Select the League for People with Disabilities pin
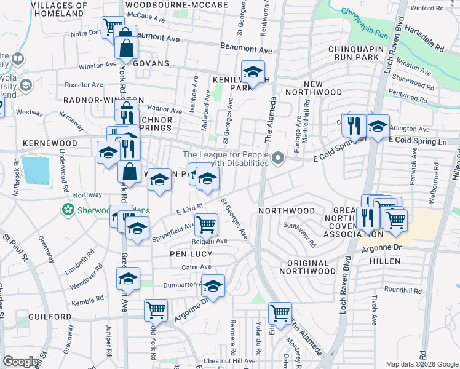tap(279, 159)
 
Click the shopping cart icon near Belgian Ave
tap(206, 224)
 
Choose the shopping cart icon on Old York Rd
tap(156, 309)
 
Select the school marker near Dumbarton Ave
tap(213, 285)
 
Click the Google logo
tap(22, 362)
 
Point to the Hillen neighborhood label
tap(385, 261)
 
